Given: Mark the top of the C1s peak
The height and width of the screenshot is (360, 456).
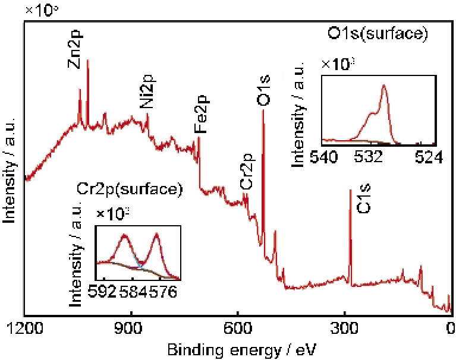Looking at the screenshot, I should (x=350, y=190).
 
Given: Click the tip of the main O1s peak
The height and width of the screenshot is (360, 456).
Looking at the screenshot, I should (x=263, y=110).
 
